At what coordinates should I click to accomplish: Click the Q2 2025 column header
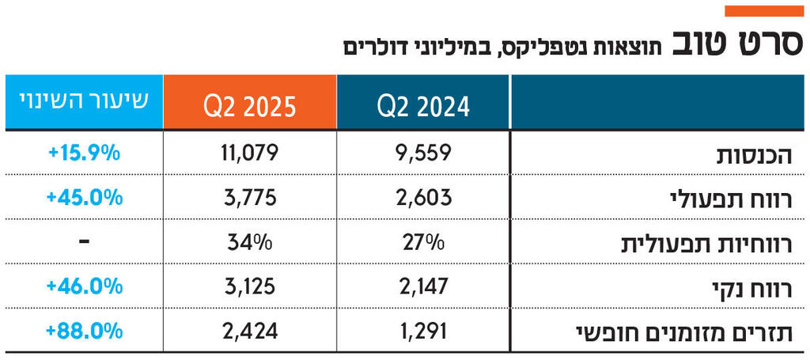pos(250,104)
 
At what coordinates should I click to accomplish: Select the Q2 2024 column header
pos(424,104)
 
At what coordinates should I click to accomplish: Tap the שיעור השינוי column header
pos(83,103)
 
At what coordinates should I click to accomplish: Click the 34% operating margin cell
pos(250,241)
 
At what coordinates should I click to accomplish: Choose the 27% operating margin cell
pos(424,241)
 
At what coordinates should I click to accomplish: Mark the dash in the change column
pos(83,241)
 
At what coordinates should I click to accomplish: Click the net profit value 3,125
pos(250,285)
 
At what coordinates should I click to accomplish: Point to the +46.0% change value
pos(83,285)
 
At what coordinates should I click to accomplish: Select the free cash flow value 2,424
pos(250,329)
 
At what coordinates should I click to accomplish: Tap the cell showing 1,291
pos(424,329)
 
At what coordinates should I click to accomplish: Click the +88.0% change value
pos(83,329)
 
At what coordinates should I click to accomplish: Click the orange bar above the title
pos(763,11)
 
